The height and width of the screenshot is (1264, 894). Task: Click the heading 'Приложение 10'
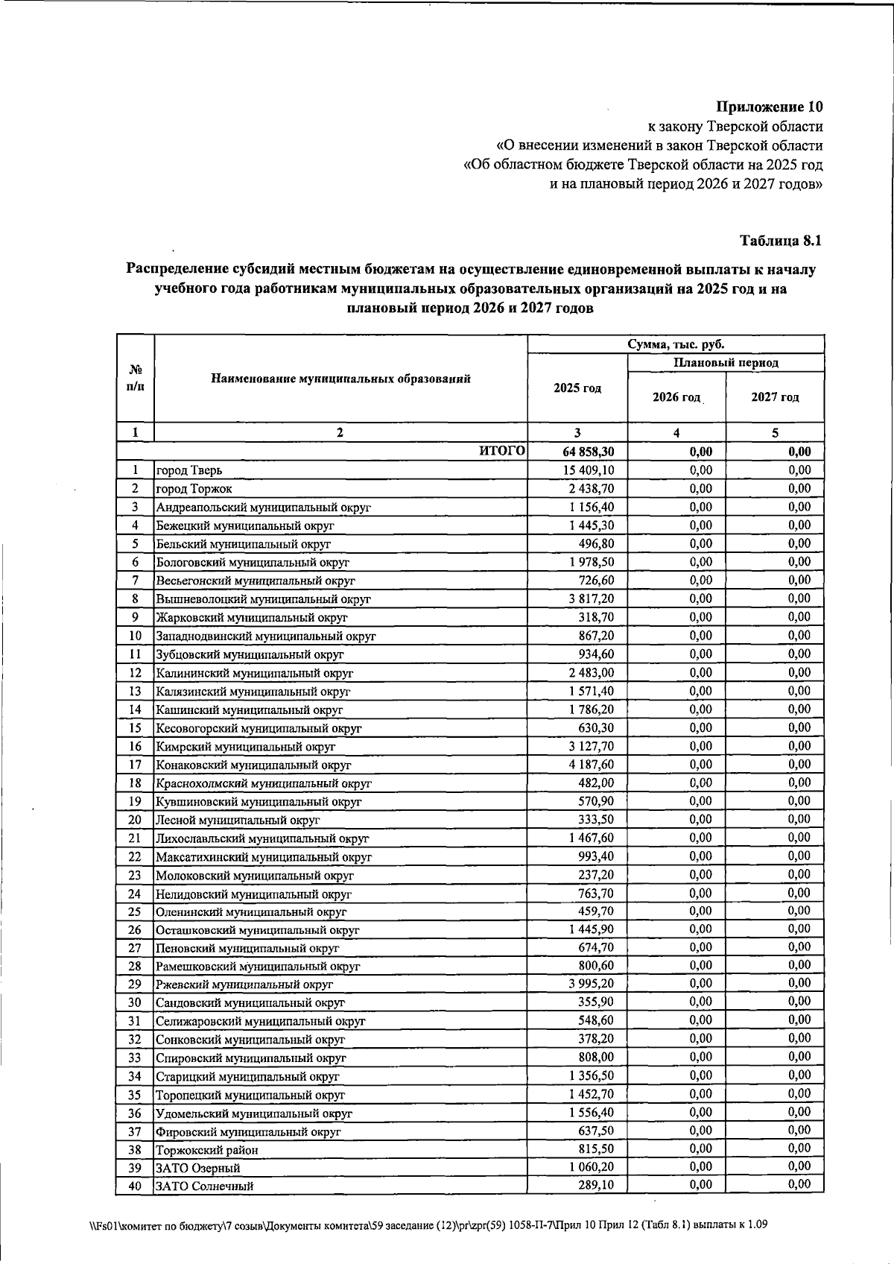click(770, 107)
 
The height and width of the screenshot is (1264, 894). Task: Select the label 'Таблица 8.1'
click(781, 241)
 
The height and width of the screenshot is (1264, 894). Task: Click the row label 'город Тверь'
click(188, 470)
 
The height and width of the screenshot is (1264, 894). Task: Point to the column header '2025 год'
click(577, 388)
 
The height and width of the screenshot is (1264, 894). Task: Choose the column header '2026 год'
click(676, 397)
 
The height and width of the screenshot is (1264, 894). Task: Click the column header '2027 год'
click(775, 397)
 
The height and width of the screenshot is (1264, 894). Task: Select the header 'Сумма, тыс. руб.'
click(676, 344)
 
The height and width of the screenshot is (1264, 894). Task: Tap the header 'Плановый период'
click(726, 363)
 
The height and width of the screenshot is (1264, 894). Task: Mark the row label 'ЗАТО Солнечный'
click(204, 1186)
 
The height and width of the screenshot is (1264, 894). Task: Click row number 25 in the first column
click(135, 911)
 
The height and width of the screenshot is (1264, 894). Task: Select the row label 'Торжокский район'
click(206, 1149)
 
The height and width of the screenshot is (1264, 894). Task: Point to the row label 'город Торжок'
click(193, 489)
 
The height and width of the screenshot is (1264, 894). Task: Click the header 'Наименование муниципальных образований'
click(340, 379)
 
